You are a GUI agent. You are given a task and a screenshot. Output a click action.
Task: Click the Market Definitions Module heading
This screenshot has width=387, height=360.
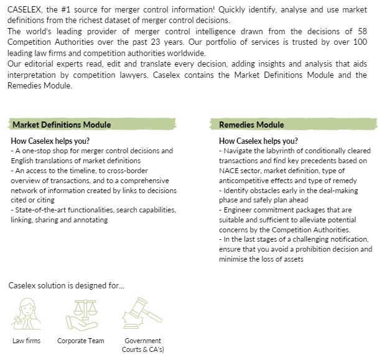point(62,125)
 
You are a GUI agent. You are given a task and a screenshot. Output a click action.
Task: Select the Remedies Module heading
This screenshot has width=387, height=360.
point(251,125)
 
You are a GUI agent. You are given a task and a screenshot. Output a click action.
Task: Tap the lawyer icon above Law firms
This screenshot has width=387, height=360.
point(26,313)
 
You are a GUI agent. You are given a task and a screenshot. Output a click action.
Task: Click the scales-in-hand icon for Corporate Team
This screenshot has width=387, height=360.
point(80,313)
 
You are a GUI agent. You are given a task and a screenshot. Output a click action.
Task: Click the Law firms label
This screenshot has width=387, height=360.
point(26,341)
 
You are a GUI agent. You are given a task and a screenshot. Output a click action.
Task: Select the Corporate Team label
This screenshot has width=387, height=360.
point(81,341)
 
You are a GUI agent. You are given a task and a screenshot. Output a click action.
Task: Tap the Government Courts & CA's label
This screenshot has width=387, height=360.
point(142,345)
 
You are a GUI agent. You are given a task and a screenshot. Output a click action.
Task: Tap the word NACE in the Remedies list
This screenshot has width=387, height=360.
point(229,171)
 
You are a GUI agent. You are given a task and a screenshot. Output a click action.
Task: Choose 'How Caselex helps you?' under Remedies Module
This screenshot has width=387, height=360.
point(258,141)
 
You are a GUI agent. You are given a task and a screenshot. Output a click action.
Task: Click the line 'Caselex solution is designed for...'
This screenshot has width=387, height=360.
point(66,286)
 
